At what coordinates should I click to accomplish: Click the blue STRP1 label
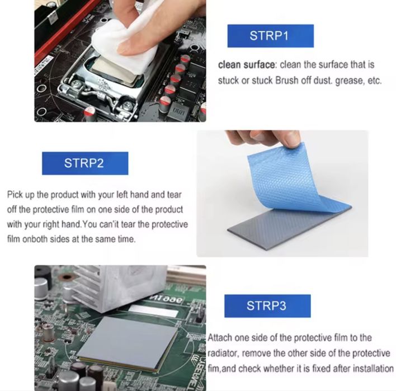[270, 36]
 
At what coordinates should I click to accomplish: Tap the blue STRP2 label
[84, 163]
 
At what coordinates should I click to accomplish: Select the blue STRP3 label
[267, 306]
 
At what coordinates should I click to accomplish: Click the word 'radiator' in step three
[224, 354]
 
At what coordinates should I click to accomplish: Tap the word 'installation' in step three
[373, 369]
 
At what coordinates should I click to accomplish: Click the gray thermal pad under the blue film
[291, 224]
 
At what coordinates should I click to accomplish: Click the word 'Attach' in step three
[220, 338]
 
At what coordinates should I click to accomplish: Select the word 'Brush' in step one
[287, 81]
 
